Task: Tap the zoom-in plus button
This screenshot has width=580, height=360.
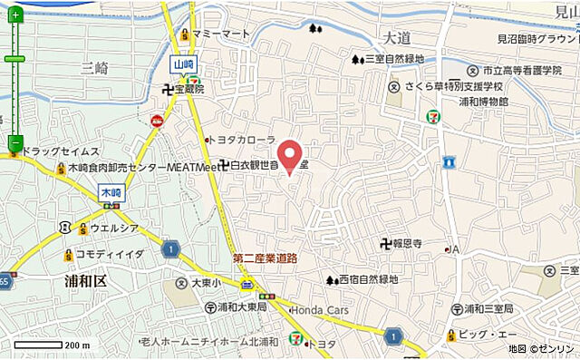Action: pos(15,15)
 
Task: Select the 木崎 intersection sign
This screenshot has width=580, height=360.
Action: pos(111,192)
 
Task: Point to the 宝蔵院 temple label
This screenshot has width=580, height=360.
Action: pos(189,89)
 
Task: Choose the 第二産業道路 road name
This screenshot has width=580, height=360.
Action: pos(265,258)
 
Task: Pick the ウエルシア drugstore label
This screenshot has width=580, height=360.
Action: pos(113,228)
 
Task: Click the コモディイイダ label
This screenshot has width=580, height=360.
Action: pos(110,255)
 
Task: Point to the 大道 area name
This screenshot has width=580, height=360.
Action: pos(397,38)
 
